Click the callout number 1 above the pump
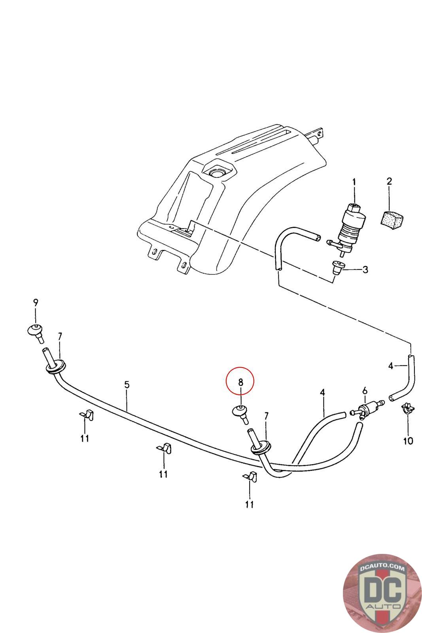(x=354, y=183)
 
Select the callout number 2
(x=389, y=182)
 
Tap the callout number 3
(x=365, y=270)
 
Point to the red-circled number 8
(x=240, y=382)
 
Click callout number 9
(x=36, y=303)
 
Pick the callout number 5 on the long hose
(x=127, y=384)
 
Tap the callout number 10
(x=408, y=440)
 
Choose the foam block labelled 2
(x=391, y=218)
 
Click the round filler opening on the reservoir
(x=216, y=173)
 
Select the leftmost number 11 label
(x=85, y=438)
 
